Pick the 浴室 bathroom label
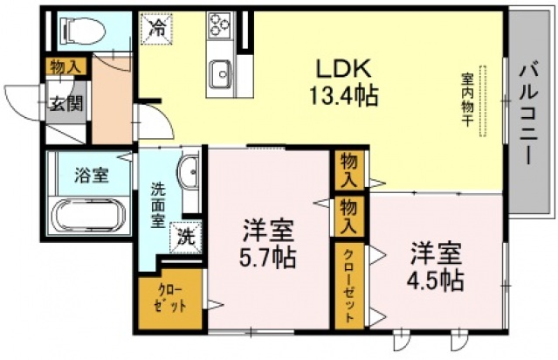coord(90,175)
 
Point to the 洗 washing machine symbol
coord(186,234)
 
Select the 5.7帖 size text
coord(268,258)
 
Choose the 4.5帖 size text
coord(435,280)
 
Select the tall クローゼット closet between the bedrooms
coord(348,285)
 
